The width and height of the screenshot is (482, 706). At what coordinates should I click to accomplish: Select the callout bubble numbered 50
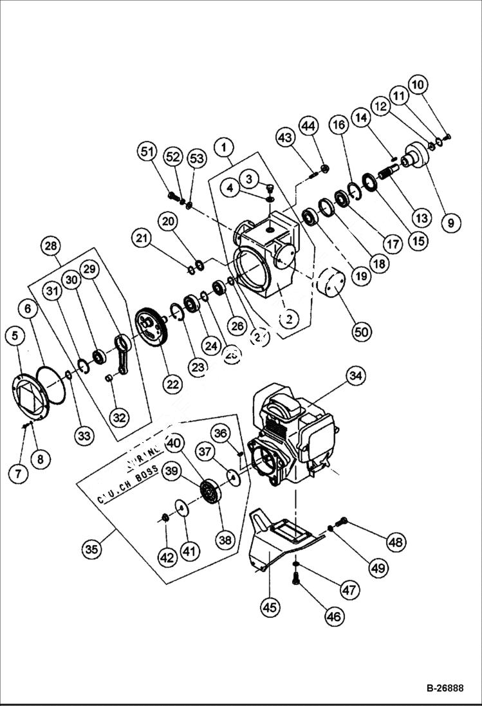363,331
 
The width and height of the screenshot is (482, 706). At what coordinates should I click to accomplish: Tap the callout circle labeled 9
450,223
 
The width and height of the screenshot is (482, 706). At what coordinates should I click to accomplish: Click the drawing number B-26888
444,688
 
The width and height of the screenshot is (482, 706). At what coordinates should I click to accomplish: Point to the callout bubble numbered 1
224,147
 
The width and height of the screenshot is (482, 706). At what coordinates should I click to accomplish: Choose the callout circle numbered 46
333,617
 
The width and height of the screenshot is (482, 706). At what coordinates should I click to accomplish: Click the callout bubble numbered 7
18,474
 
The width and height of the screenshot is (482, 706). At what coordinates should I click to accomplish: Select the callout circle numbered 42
167,557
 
